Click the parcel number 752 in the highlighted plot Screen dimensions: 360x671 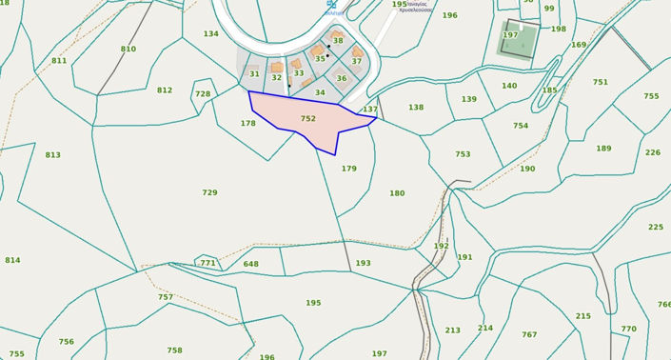(307, 119)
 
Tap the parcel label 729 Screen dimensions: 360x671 (209, 193)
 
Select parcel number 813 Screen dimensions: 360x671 (52, 155)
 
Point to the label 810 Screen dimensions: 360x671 (128, 50)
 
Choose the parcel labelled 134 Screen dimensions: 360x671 (210, 34)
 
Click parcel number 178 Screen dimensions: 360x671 (247, 124)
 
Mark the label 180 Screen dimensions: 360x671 (397, 194)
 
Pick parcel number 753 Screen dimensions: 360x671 (463, 154)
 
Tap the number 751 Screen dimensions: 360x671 (600, 83)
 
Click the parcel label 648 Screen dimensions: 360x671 (250, 265)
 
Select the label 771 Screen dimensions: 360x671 (207, 263)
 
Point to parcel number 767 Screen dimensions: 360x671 (529, 335)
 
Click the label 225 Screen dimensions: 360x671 (656, 228)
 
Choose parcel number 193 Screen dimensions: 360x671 (363, 264)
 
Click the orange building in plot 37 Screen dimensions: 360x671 (357, 51)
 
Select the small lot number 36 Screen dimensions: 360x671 (342, 79)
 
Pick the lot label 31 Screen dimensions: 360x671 (254, 74)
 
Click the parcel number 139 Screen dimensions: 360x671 (468, 100)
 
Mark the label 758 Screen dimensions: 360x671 (174, 351)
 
